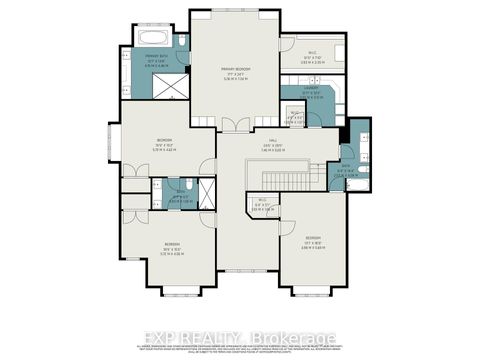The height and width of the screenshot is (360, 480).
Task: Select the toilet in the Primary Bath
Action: point(183,41)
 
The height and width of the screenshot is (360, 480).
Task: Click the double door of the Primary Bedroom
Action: point(236,125)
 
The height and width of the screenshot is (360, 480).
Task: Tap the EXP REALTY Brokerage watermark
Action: point(240,337)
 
